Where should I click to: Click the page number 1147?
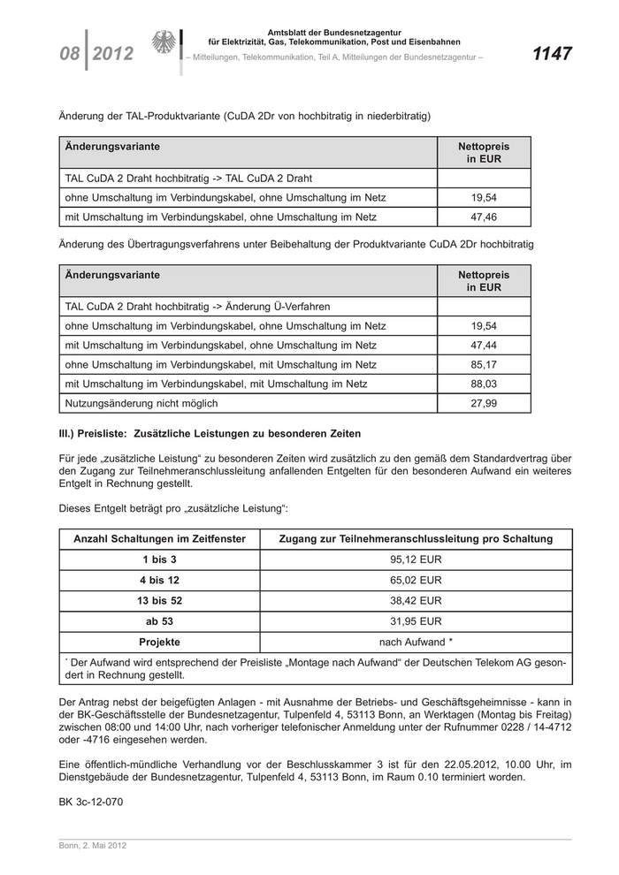tap(552, 54)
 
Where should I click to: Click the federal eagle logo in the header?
tap(164, 44)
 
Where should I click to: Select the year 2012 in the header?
tap(112, 55)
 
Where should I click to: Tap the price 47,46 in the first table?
tap(484, 217)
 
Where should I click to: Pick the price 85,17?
tap(484, 364)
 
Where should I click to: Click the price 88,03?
tap(484, 384)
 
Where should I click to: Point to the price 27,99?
tap(484, 404)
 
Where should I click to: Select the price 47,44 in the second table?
tap(484, 345)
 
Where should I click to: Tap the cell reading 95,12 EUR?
tap(416, 560)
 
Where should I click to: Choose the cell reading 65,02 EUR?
tap(416, 581)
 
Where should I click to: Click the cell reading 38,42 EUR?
tap(416, 601)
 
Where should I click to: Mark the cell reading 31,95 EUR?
tap(416, 621)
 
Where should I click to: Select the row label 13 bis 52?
tap(160, 601)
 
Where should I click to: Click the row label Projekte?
tap(160, 642)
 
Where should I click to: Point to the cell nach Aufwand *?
tap(416, 642)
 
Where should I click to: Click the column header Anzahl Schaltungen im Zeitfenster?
tap(160, 539)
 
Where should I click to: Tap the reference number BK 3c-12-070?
tap(90, 803)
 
